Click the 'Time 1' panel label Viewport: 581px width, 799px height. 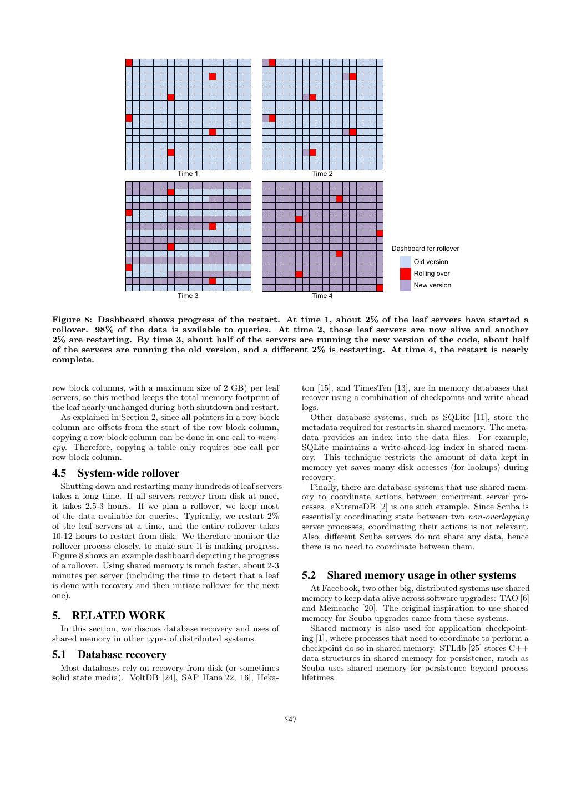point(188,174)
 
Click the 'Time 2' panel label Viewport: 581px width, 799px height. point(322,174)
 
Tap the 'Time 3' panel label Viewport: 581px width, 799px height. point(188,296)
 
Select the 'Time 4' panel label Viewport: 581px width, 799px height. point(322,296)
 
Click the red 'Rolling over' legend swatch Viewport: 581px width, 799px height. point(406,274)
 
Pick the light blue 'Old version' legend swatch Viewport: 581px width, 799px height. point(406,262)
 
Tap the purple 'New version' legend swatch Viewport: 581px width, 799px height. point(406,285)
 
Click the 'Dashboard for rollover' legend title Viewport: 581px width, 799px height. point(425,249)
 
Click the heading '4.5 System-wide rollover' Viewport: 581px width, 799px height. point(115,473)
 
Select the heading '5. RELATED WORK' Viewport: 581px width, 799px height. point(109,615)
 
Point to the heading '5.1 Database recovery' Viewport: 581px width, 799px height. point(109,655)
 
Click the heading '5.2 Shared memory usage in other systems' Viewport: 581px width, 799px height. point(408,575)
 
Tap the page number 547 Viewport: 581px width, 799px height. point(290,720)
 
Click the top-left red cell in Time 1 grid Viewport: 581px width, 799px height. point(129,63)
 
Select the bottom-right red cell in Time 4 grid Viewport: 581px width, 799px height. point(380,288)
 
